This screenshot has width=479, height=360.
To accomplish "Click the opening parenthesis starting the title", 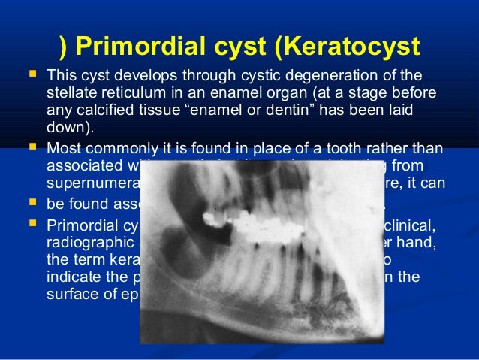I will [x=63, y=46].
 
